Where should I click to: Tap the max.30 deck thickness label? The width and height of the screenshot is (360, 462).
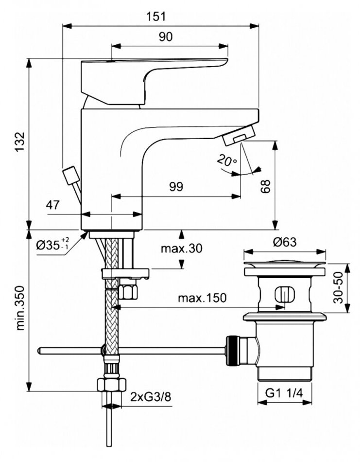point(182,249)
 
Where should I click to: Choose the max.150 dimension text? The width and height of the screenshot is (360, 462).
point(201,298)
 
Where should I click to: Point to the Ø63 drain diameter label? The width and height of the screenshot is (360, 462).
point(284,241)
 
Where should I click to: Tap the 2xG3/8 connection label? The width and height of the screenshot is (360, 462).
point(151,397)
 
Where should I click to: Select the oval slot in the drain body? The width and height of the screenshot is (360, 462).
point(282,295)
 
